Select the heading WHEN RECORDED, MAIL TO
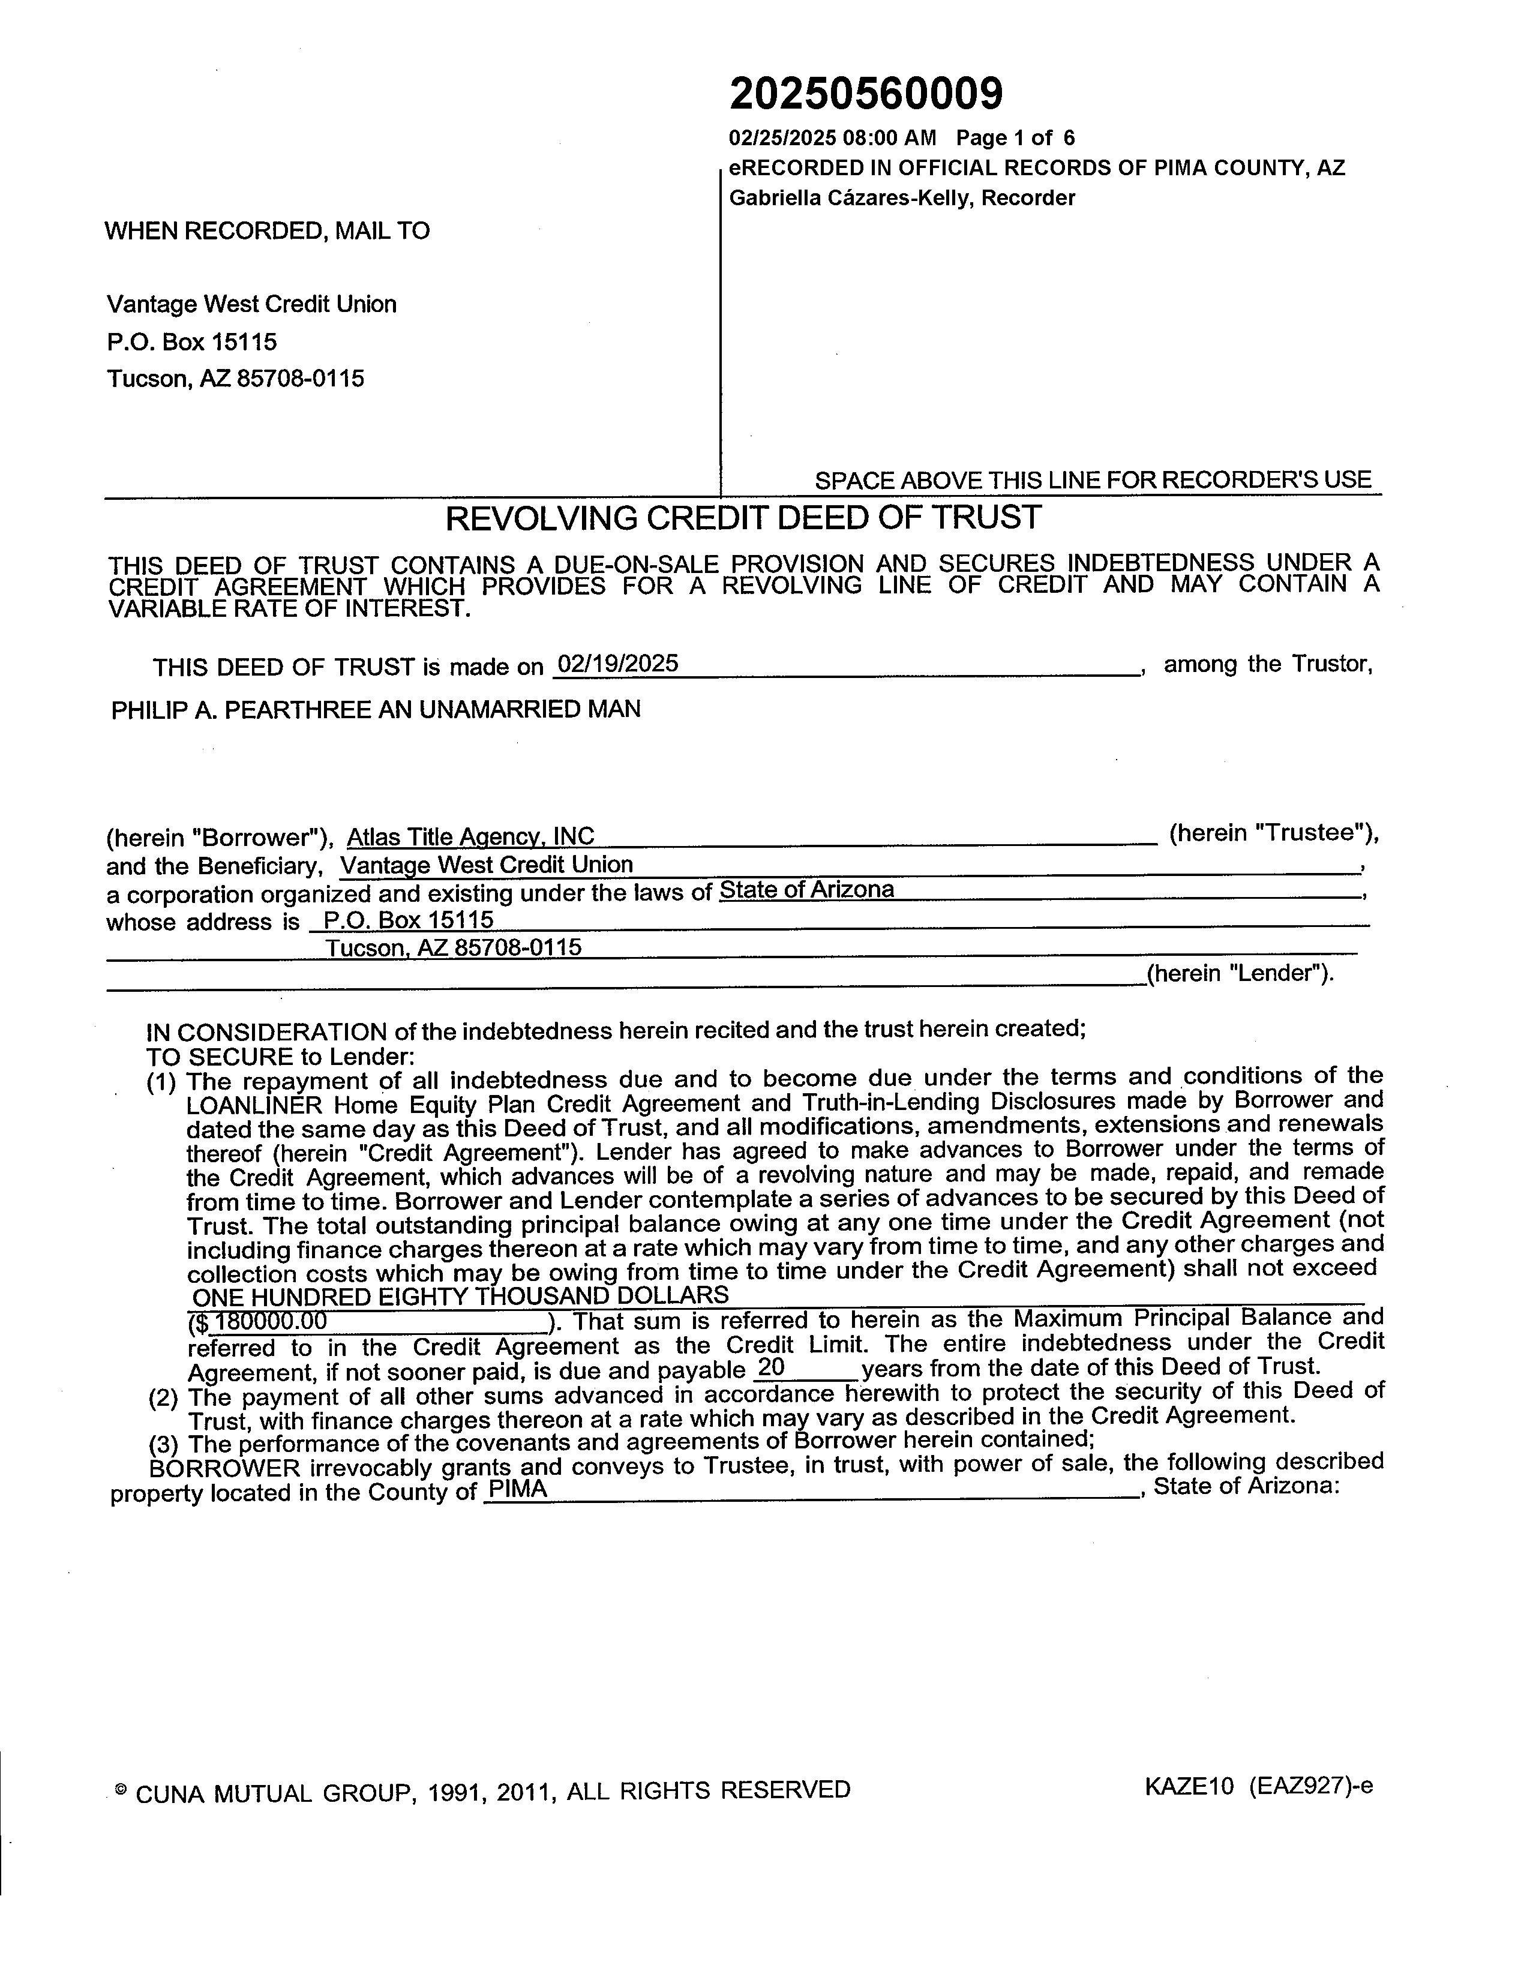point(268,230)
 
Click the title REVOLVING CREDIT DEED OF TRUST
point(743,518)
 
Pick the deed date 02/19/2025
point(617,664)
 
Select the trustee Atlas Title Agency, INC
point(470,836)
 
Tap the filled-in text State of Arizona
point(806,889)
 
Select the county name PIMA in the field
point(517,1490)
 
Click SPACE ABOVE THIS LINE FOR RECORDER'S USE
point(1092,479)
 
